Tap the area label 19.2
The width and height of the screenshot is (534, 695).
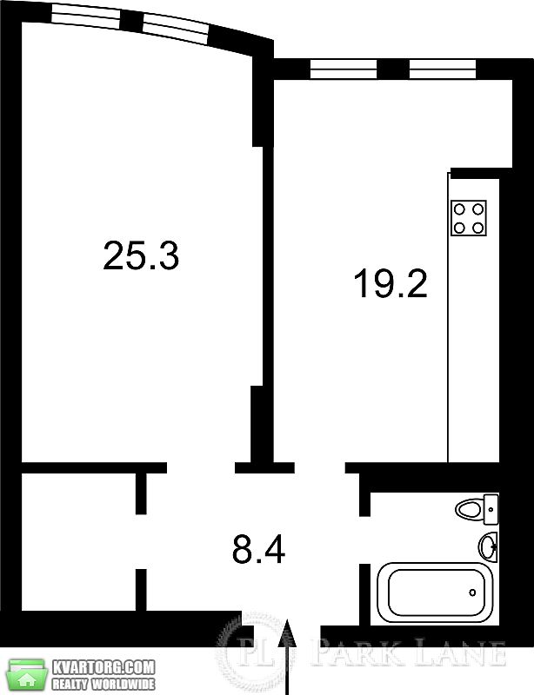pyautogui.click(x=390, y=284)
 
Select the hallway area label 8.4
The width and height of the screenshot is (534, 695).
pyautogui.click(x=259, y=549)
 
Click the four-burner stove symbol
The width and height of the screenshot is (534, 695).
pyautogui.click(x=468, y=218)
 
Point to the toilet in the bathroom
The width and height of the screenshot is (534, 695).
pyautogui.click(x=477, y=509)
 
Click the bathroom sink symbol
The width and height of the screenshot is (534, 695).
pyautogui.click(x=488, y=547)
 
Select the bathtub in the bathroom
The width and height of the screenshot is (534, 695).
pyautogui.click(x=435, y=592)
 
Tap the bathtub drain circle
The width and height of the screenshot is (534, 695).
pyautogui.click(x=472, y=592)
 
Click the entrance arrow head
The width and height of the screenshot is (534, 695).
pyautogui.click(x=289, y=632)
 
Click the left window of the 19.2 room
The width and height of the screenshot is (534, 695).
pyautogui.click(x=344, y=69)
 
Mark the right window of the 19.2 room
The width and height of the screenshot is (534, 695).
pyautogui.click(x=442, y=69)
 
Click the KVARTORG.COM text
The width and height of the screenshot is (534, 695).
pyautogui.click(x=103, y=666)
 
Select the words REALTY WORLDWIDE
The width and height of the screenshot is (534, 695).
pyautogui.click(x=103, y=683)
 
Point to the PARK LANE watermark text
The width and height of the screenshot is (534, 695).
pyautogui.click(x=409, y=652)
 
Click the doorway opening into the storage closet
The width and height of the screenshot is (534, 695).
pyautogui.click(x=141, y=541)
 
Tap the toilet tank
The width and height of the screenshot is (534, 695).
pyautogui.click(x=491, y=509)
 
